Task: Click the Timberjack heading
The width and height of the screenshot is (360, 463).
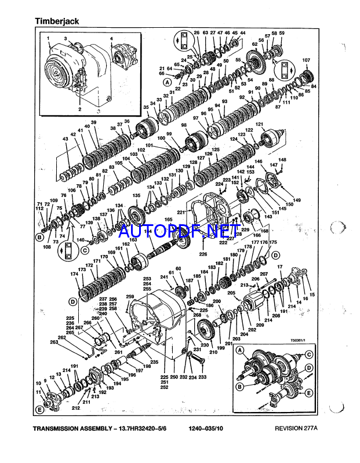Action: (x=56, y=21)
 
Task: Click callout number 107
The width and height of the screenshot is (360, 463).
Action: (x=306, y=60)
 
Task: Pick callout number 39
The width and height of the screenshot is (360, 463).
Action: (x=93, y=122)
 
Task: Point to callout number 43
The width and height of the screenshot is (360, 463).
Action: (x=66, y=139)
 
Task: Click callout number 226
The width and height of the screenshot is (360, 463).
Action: (x=202, y=254)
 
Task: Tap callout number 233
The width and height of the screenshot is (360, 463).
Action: (x=202, y=377)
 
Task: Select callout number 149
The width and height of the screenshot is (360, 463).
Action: (x=297, y=200)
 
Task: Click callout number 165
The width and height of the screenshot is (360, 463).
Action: (x=168, y=220)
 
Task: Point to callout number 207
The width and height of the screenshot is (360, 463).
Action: (x=263, y=274)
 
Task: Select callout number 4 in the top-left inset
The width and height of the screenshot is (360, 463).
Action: (x=111, y=39)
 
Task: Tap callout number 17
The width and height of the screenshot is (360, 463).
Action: (x=281, y=266)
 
